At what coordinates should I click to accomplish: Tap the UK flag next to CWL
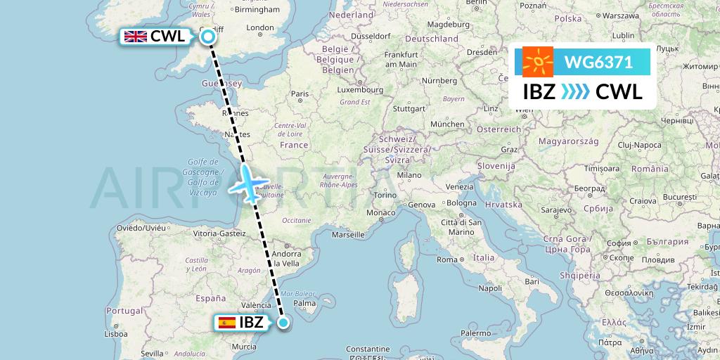click(135, 37)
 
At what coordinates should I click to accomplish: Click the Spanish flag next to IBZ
click(227, 323)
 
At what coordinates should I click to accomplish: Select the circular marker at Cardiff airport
click(208, 37)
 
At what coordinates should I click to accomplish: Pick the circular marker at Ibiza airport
click(283, 323)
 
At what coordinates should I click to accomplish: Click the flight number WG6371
click(598, 63)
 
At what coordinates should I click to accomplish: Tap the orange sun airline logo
click(538, 63)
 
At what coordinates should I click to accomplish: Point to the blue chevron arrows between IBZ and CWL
click(576, 92)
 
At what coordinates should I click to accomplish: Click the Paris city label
click(300, 93)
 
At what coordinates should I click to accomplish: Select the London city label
click(260, 28)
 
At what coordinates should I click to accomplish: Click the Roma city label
click(446, 259)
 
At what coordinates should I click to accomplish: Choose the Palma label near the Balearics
click(304, 304)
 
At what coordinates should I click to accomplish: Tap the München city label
click(447, 124)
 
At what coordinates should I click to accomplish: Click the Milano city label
click(409, 175)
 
